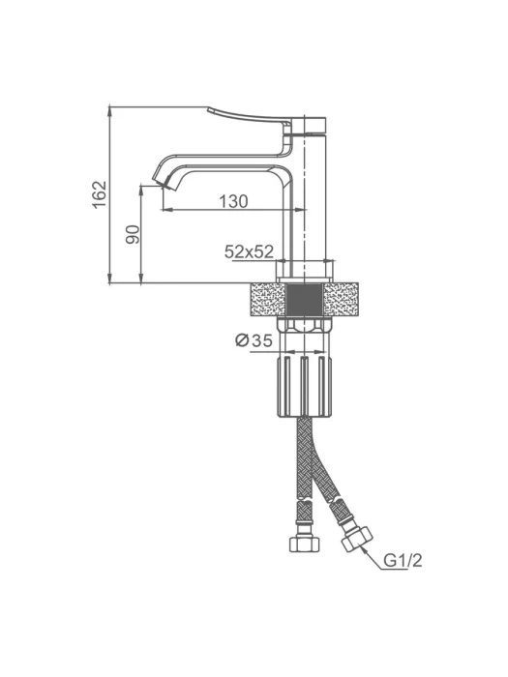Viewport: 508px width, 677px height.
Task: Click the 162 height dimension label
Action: pos(100,194)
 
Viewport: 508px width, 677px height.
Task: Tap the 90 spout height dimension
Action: pos(134,234)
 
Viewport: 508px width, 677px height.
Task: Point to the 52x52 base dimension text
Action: pos(250,251)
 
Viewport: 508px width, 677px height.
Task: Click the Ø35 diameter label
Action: pos(254,340)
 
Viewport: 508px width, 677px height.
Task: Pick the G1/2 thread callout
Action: pos(403,560)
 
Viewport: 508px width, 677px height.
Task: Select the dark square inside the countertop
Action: pos(305,299)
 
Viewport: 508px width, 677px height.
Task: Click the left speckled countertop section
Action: pos(267,299)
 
